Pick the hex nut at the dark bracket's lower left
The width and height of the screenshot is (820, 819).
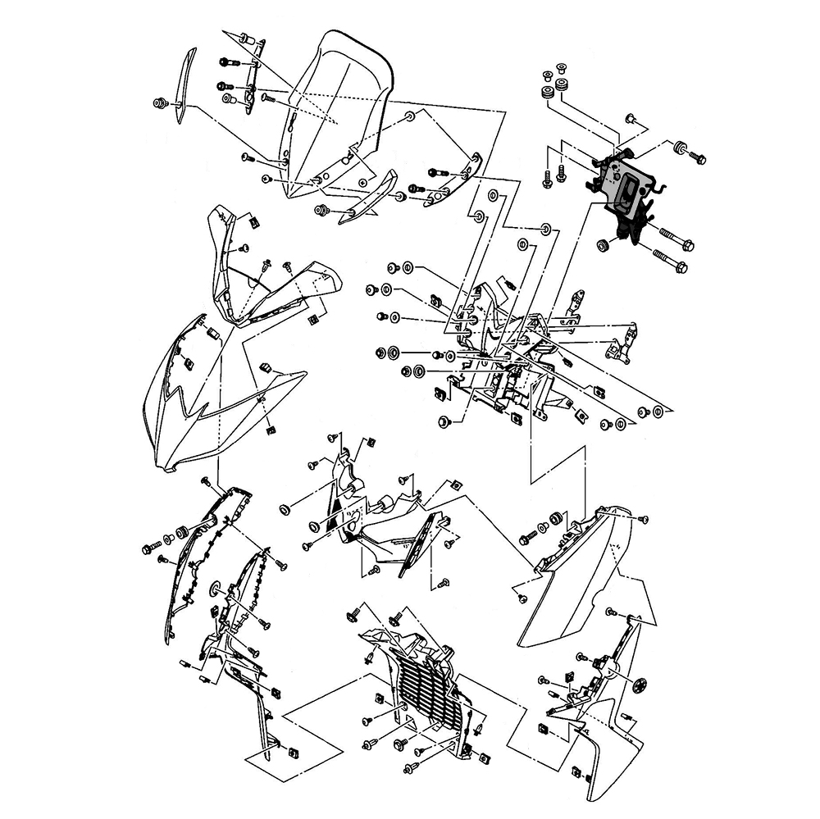[x=603, y=244]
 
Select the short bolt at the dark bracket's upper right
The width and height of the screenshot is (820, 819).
[x=698, y=157]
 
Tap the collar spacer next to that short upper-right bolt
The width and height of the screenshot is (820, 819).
[x=681, y=148]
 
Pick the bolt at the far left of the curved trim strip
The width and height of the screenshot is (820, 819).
[x=160, y=103]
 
